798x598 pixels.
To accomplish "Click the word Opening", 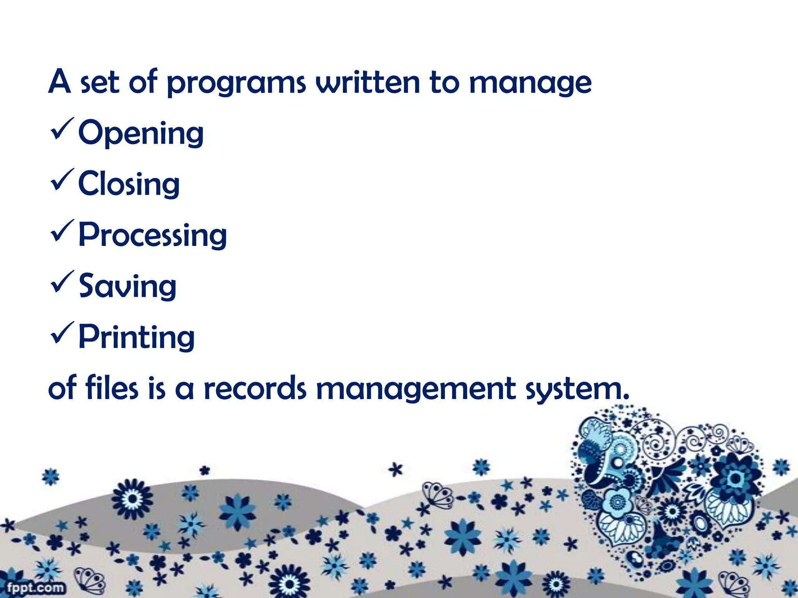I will [141, 133].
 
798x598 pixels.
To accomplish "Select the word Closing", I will [129, 184].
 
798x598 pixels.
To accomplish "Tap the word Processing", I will [152, 235].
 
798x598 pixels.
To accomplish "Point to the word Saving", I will [127, 286].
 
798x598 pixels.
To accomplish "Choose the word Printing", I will [136, 337].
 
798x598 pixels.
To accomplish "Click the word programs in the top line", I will [237, 83].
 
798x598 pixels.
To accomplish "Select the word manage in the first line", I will [530, 83].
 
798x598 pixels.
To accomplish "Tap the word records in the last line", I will [255, 389].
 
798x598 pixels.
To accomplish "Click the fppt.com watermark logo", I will [35, 587].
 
